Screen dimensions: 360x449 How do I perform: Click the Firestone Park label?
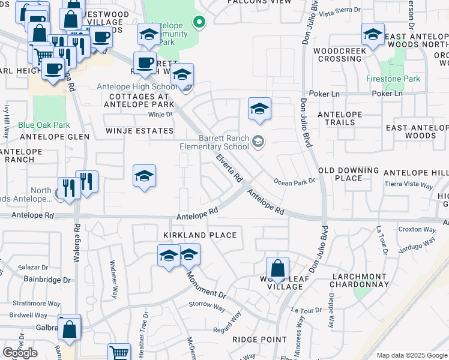pos(393,79)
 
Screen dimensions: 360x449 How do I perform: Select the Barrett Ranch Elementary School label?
pos(215,142)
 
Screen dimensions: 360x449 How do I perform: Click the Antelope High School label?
pos(137,86)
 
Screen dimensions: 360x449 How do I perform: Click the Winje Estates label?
pos(139,130)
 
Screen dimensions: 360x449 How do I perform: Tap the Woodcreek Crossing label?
pos(340,55)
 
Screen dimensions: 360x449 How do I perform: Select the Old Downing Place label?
pos(349,174)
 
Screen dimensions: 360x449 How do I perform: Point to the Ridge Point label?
pos(259,340)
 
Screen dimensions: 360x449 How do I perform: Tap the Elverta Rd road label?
pos(229,169)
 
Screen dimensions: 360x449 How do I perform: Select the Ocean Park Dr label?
pos(294,181)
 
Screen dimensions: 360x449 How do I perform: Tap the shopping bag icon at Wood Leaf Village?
pos(278,269)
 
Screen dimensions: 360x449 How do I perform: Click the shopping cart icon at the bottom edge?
pos(119,353)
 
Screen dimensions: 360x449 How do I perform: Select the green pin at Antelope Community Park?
pos(199,22)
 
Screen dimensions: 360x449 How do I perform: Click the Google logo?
pos(20,353)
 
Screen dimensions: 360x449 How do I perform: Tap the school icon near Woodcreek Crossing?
pos(373,35)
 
